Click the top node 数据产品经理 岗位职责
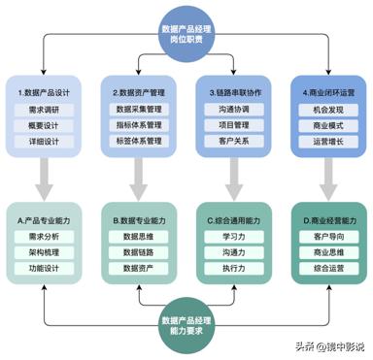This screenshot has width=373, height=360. click(187, 35)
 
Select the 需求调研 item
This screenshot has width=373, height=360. click(46, 109)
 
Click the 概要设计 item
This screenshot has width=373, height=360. click(46, 125)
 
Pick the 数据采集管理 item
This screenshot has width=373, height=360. click(139, 109)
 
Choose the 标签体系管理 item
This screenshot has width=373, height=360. click(139, 142)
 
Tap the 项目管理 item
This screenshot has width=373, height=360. click(234, 125)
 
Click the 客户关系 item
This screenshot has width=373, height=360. click(234, 142)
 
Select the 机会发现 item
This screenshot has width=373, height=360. click(328, 109)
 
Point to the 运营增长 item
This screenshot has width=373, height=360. click(328, 142)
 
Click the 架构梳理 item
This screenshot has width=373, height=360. click(46, 251)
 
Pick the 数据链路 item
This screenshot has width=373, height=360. click(139, 251)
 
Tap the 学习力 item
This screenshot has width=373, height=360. click(234, 235)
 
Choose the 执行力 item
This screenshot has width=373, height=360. click(234, 268)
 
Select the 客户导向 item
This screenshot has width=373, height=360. click(328, 235)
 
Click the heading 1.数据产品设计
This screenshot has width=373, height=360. click(45, 90)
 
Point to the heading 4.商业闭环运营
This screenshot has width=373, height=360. click(328, 90)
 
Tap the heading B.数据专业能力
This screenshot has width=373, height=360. click(139, 218)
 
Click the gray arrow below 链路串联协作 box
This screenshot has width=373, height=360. click(234, 179)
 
